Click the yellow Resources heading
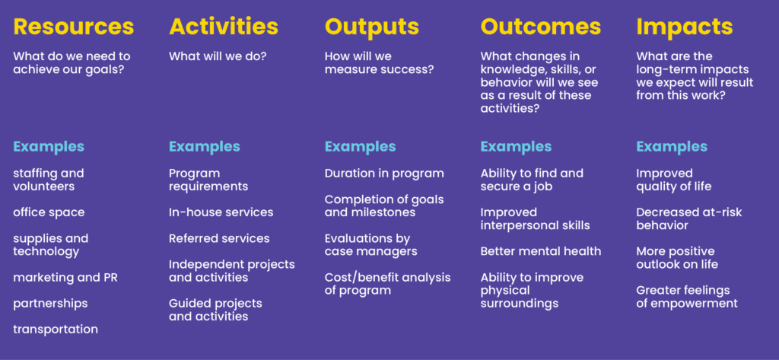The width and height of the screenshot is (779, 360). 73,27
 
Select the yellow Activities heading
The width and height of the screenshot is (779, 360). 224,27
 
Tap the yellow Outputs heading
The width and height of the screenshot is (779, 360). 372,27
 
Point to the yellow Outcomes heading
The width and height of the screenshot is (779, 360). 541,27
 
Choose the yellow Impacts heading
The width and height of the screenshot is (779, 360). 685,27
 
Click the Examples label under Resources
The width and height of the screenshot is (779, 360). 49,146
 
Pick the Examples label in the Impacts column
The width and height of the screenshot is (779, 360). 672,146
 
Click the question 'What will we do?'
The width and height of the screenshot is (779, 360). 218,56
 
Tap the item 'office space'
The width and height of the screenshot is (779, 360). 49,212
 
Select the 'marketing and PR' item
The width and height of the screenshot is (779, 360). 65,278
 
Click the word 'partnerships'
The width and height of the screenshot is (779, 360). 50,304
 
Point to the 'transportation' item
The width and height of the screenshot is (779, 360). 56,330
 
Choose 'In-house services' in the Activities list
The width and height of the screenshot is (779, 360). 221,212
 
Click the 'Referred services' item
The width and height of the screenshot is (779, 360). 219,238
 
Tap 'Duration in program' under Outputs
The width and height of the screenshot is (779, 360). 384,174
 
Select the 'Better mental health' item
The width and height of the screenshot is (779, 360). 541,251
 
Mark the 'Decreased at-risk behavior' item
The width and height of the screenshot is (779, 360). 689,218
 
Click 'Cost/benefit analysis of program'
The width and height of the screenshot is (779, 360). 387,283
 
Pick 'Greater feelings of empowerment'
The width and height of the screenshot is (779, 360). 687,297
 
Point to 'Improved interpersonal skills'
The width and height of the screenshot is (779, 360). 535,218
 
